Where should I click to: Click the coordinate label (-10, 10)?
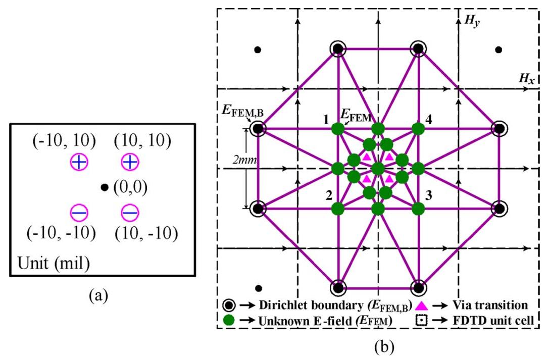pyautogui.click(x=64, y=141)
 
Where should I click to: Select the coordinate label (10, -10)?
pyautogui.click(x=146, y=233)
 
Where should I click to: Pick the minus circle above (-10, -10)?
pyautogui.click(x=79, y=213)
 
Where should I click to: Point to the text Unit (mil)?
pyautogui.click(x=54, y=263)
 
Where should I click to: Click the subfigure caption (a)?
pyautogui.click(x=99, y=296)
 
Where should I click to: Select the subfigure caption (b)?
pyautogui.click(x=384, y=347)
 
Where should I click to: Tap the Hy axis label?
pyautogui.click(x=472, y=21)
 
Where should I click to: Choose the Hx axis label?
pyautogui.click(x=527, y=79)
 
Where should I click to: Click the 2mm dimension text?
pyautogui.click(x=244, y=160)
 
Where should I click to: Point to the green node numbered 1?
pyautogui.click(x=338, y=129)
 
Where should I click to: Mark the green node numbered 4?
pyautogui.click(x=418, y=129)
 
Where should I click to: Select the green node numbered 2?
pyautogui.click(x=338, y=209)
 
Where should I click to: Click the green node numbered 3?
pyautogui.click(x=418, y=209)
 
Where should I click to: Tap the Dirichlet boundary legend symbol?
pyautogui.click(x=229, y=305)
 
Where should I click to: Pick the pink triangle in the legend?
pyautogui.click(x=421, y=305)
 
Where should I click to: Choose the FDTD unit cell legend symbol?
pyautogui.click(x=421, y=320)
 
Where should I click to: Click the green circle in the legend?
pyautogui.click(x=229, y=320)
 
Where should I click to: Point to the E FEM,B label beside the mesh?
pyautogui.click(x=242, y=111)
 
